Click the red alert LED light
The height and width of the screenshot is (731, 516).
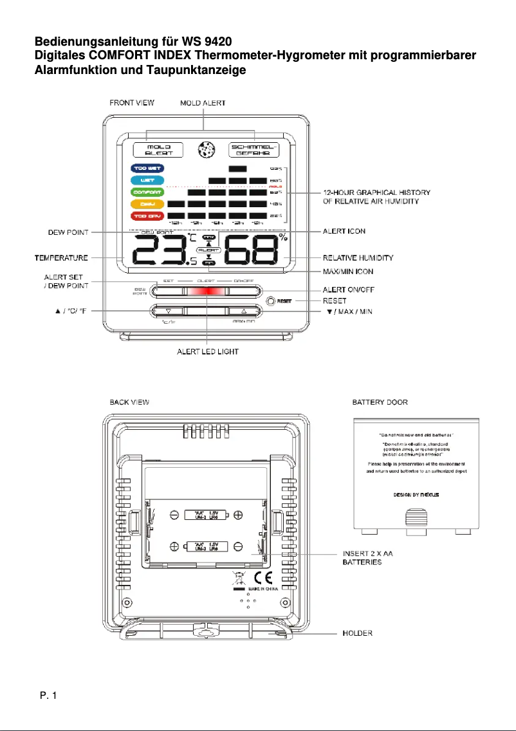(207, 291)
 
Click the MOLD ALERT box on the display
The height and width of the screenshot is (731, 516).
(158, 150)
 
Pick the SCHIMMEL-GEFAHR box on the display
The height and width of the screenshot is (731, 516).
(255, 150)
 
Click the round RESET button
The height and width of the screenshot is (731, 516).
(271, 301)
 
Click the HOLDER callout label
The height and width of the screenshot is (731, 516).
(356, 633)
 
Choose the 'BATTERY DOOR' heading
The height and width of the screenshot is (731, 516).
(380, 402)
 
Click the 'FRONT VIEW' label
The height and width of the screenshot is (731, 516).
(131, 103)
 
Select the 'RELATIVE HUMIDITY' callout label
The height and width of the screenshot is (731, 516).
(358, 257)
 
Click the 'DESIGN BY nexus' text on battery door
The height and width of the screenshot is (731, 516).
(417, 495)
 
